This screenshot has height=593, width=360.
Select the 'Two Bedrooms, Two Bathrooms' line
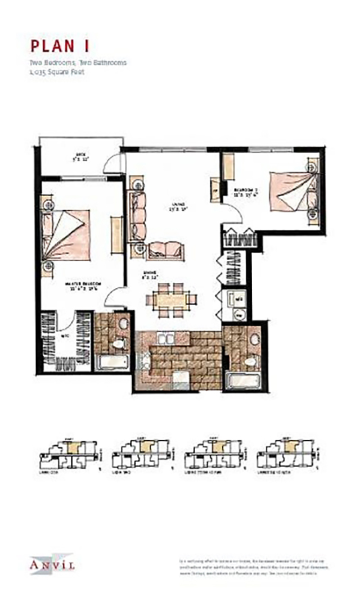[78, 62]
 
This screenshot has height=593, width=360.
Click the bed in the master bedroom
[68, 233]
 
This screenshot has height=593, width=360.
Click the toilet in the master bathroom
[119, 343]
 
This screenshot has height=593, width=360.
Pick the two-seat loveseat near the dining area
[164, 249]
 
